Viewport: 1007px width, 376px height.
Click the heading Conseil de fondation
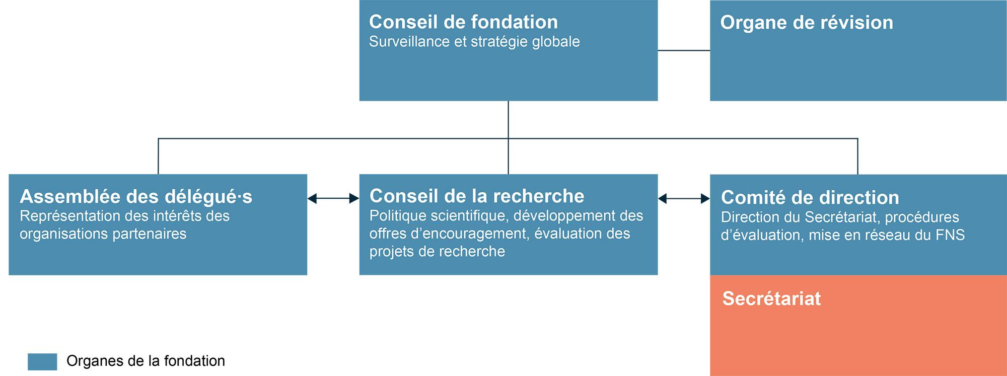[x=463, y=22]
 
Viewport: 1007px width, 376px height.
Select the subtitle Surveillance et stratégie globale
[x=474, y=42]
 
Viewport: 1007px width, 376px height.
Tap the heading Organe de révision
[x=807, y=23]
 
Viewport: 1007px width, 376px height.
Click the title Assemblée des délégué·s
[x=136, y=197]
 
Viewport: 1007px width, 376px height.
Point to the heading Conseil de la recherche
[x=477, y=196]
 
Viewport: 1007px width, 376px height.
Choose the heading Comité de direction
[x=810, y=197]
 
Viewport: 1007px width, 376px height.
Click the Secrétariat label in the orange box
[x=771, y=298]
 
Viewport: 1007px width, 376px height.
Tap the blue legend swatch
[x=42, y=361]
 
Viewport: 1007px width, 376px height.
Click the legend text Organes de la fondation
[x=146, y=361]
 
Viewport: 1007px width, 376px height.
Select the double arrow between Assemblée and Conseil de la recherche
[x=333, y=199]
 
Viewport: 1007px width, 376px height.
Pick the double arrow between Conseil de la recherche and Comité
[x=684, y=199]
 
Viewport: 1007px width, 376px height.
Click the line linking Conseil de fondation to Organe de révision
[x=684, y=50]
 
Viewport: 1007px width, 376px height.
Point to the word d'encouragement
[x=476, y=234]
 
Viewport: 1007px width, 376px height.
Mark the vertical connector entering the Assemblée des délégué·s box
[x=159, y=156]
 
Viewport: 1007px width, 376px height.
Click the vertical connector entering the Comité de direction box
[x=857, y=156]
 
